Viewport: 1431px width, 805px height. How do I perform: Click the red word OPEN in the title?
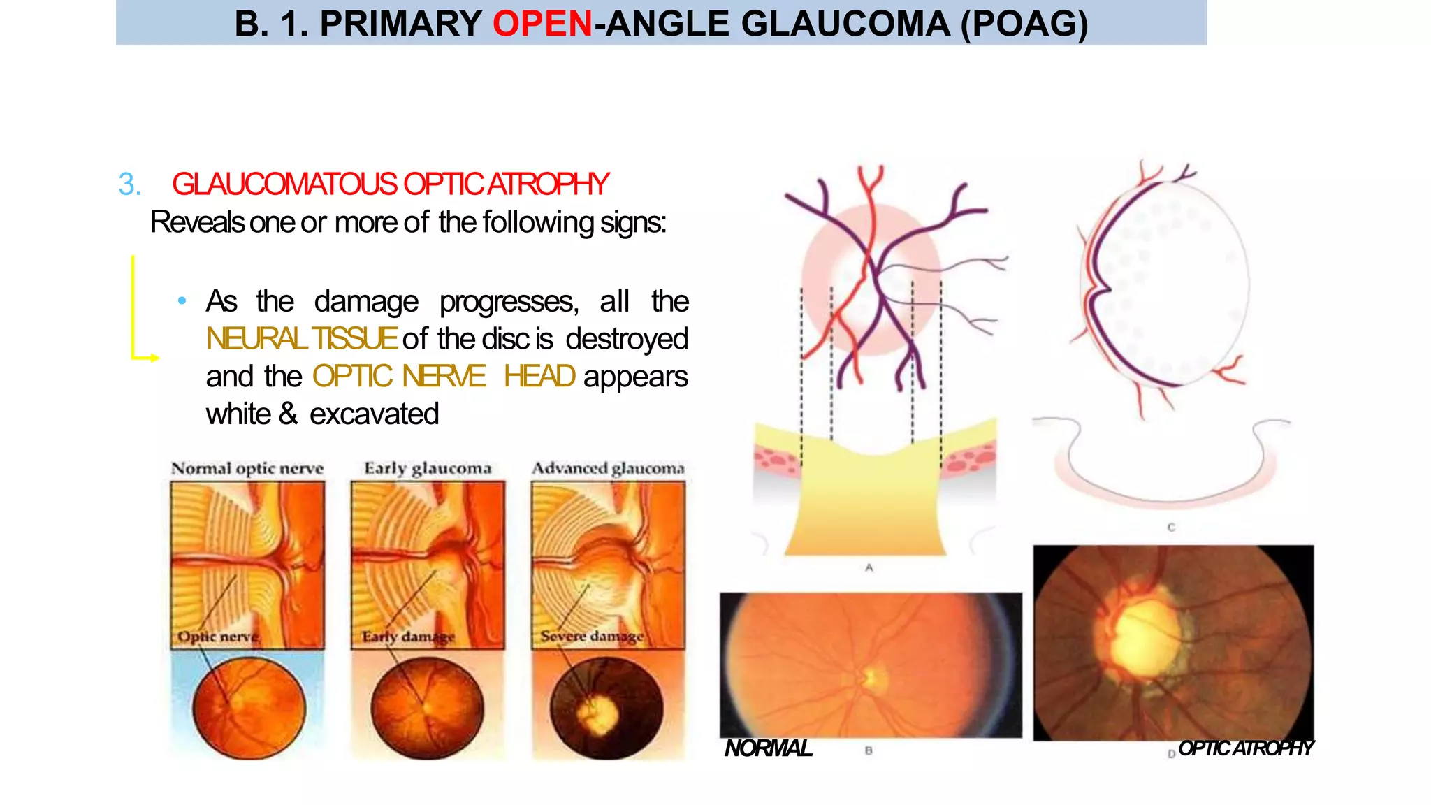(x=542, y=24)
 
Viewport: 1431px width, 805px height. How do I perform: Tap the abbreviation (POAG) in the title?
(x=1024, y=24)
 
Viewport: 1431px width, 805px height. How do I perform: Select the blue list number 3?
(x=129, y=184)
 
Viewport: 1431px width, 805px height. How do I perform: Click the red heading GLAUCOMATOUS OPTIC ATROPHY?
(x=390, y=184)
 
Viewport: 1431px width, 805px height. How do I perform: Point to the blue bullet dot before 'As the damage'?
(x=182, y=301)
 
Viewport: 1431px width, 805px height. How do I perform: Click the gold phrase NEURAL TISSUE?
(x=301, y=339)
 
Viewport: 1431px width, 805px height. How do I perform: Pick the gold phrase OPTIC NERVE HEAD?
(x=444, y=377)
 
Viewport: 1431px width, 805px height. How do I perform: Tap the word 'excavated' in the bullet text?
(x=374, y=414)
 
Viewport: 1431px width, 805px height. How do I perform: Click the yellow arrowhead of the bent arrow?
(x=155, y=358)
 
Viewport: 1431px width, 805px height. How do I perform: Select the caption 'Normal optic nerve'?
(x=247, y=468)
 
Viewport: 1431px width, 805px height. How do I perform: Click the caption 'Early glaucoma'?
(x=428, y=468)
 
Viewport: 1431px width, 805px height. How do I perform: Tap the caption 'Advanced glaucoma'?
(x=608, y=468)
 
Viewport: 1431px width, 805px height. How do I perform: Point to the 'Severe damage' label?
(x=592, y=637)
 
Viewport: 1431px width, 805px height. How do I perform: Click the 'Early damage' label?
(x=408, y=637)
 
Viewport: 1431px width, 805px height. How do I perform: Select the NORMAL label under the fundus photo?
(x=768, y=748)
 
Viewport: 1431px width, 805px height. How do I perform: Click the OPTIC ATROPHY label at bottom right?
(x=1246, y=748)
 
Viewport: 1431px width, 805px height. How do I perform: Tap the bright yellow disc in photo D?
(x=1146, y=636)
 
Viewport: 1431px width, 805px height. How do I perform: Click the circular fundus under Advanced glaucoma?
(x=606, y=708)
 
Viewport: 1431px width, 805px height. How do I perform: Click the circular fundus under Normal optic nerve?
(x=249, y=708)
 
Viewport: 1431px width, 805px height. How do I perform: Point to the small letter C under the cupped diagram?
(x=1171, y=528)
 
